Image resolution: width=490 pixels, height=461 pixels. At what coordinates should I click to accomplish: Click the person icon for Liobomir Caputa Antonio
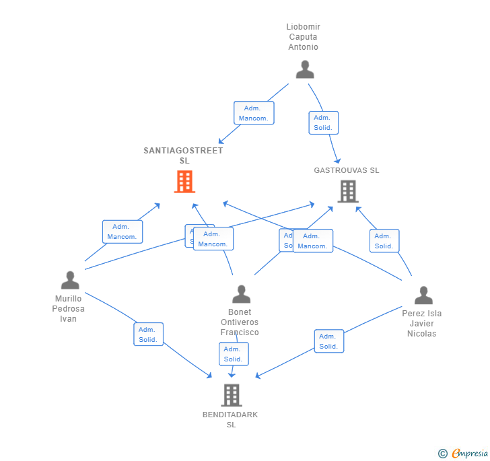[305, 69]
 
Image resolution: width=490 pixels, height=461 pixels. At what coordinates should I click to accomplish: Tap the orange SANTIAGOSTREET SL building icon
[184, 182]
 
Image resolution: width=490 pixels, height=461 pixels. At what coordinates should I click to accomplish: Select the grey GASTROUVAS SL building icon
[347, 191]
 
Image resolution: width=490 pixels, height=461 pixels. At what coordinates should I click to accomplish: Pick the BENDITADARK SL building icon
[231, 395]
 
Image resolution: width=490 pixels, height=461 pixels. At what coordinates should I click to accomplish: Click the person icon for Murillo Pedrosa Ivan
[70, 280]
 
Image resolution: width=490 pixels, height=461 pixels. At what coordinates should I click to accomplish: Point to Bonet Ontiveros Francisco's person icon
[241, 294]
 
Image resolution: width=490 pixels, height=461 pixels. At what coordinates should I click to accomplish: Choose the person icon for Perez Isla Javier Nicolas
[423, 295]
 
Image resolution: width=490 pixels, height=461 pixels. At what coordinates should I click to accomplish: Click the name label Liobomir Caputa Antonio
[304, 37]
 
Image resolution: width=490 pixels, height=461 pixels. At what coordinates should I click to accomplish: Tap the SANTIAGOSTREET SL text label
[184, 155]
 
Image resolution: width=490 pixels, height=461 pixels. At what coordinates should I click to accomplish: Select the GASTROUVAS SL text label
[347, 170]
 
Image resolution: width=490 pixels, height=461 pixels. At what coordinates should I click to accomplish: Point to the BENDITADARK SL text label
[230, 419]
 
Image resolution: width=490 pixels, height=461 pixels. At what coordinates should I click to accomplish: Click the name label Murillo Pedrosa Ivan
[69, 309]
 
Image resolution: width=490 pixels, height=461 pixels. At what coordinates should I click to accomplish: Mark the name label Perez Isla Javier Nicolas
[422, 324]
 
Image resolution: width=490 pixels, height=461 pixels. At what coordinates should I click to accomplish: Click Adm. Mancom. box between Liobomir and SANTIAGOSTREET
[254, 113]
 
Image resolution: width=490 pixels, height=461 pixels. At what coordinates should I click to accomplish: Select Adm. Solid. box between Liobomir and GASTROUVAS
[323, 122]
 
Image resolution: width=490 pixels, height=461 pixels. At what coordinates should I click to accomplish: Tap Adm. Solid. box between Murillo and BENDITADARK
[148, 334]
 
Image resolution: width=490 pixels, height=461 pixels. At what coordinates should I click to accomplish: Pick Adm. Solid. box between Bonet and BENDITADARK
[234, 354]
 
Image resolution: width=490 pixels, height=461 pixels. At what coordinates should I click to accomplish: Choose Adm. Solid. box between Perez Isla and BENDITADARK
[328, 341]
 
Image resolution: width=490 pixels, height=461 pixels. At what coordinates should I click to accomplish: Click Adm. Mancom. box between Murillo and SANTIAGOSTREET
[123, 232]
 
